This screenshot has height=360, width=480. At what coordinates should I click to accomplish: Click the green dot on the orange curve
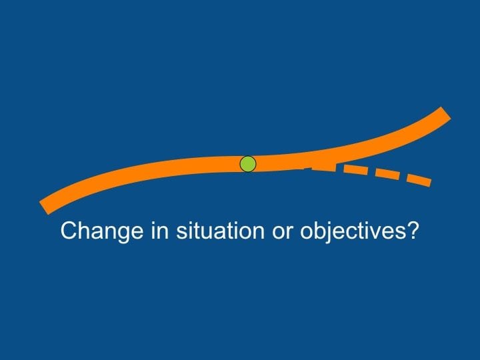[247, 164]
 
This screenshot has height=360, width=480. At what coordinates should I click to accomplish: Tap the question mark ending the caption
[413, 231]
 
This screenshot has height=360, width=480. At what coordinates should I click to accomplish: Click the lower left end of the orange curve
[45, 206]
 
